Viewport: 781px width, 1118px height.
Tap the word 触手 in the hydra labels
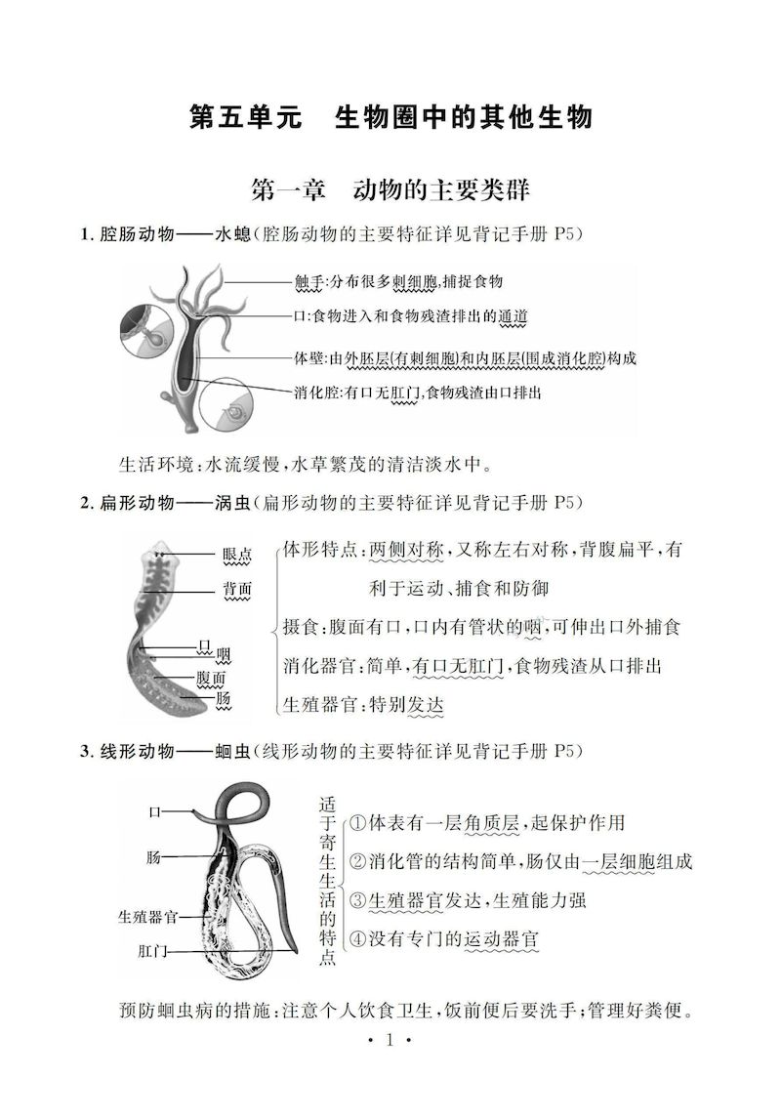click(x=308, y=282)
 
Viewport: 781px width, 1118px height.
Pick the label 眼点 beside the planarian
click(x=237, y=555)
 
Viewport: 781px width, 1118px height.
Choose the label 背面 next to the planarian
click(x=237, y=589)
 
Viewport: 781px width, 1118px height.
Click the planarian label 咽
click(x=223, y=653)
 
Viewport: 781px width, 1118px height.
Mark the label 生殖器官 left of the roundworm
click(x=147, y=917)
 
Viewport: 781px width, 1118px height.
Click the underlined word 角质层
click(x=492, y=823)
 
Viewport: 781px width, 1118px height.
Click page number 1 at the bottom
click(x=390, y=1041)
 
